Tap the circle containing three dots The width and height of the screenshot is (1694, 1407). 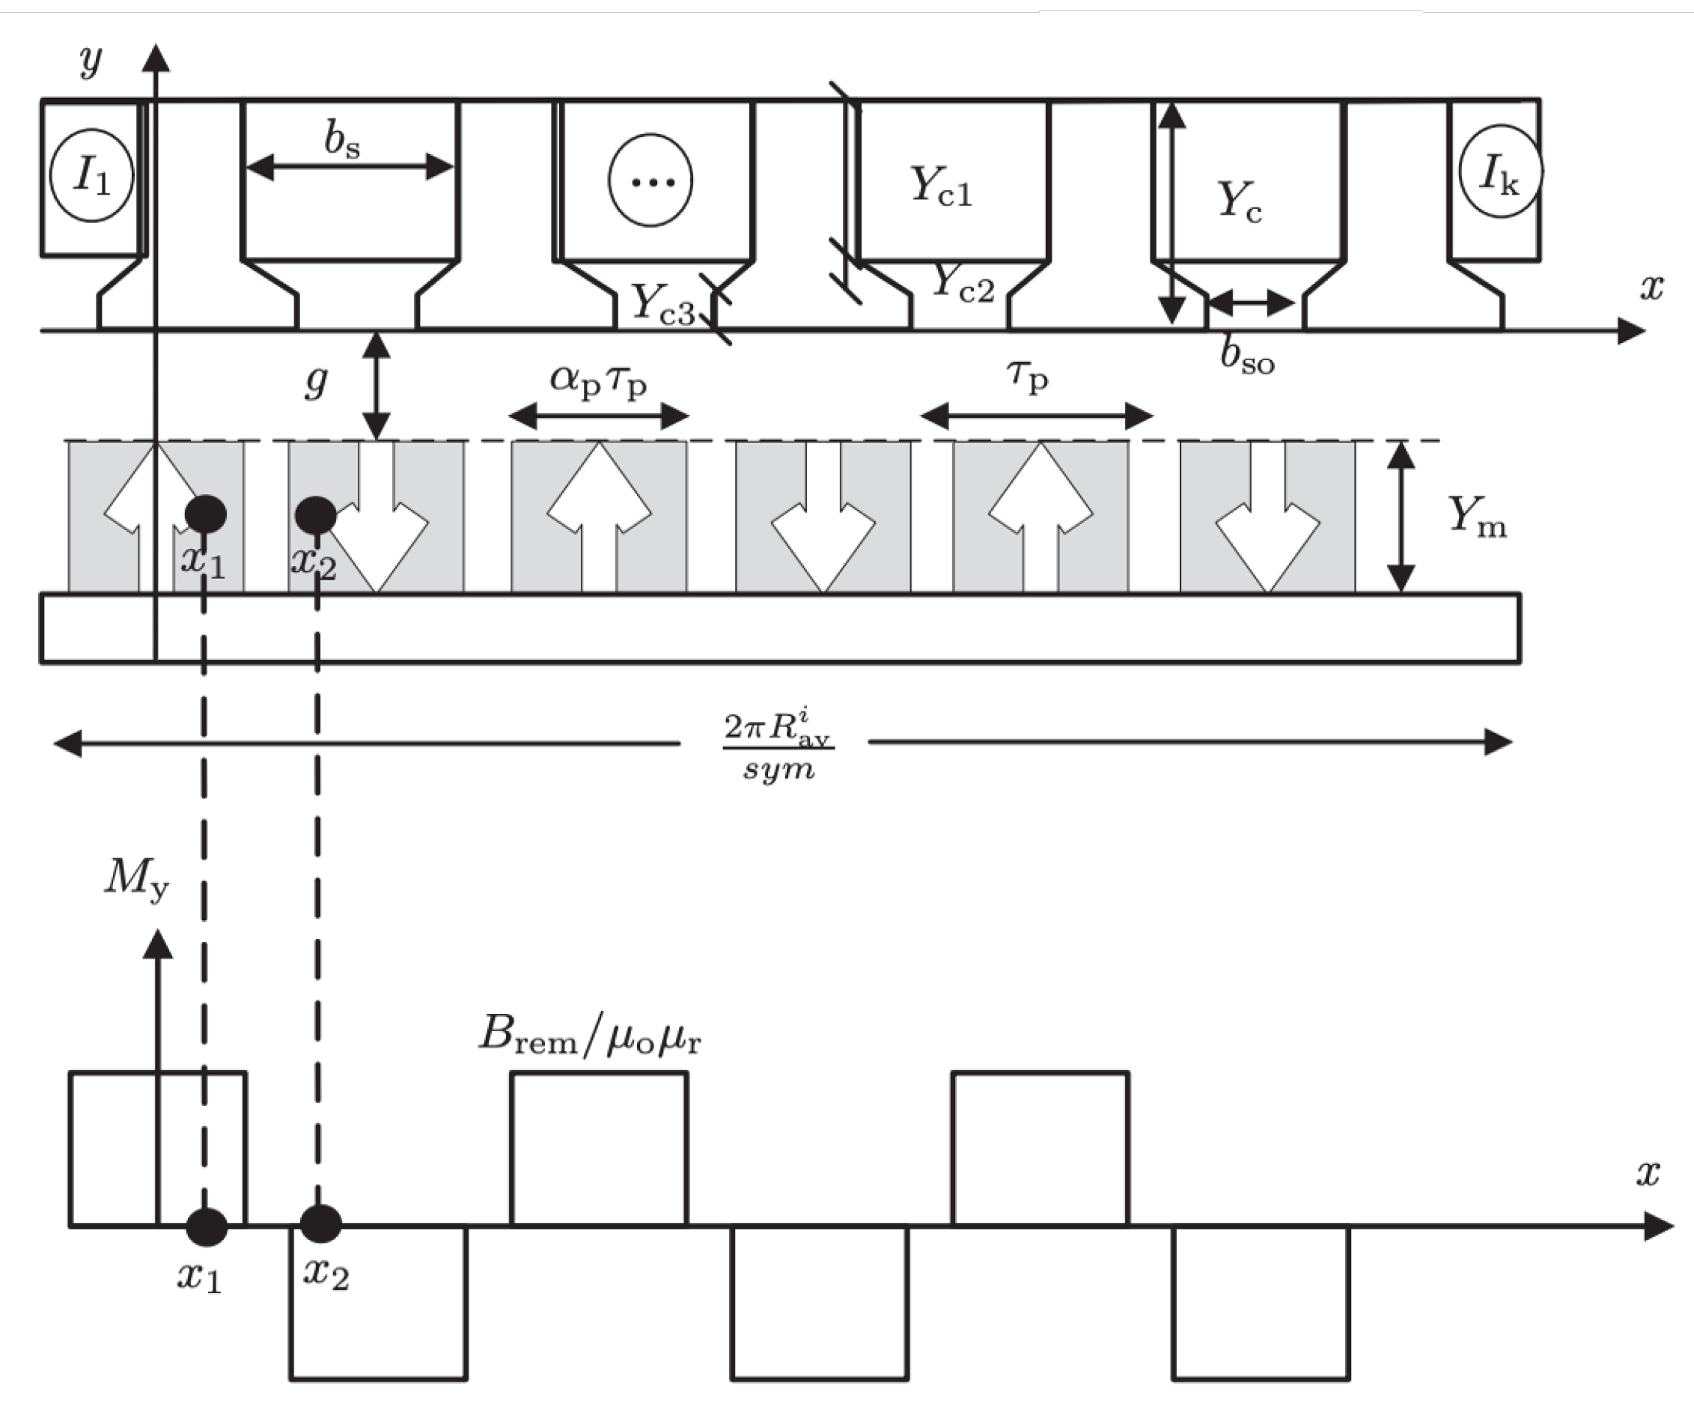click(651, 180)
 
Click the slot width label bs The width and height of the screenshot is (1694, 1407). click(342, 140)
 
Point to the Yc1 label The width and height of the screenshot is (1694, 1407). click(942, 187)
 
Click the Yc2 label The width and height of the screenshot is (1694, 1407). click(963, 284)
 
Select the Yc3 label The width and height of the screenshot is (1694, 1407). click(662, 305)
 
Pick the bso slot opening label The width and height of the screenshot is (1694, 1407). click(1247, 356)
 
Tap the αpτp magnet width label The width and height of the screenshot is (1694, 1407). click(599, 380)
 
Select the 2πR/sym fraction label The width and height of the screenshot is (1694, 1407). click(778, 744)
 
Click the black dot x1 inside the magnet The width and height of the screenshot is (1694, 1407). click(205, 514)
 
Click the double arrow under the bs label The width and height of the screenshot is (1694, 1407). click(350, 167)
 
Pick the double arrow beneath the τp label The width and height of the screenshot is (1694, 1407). click(1037, 416)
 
